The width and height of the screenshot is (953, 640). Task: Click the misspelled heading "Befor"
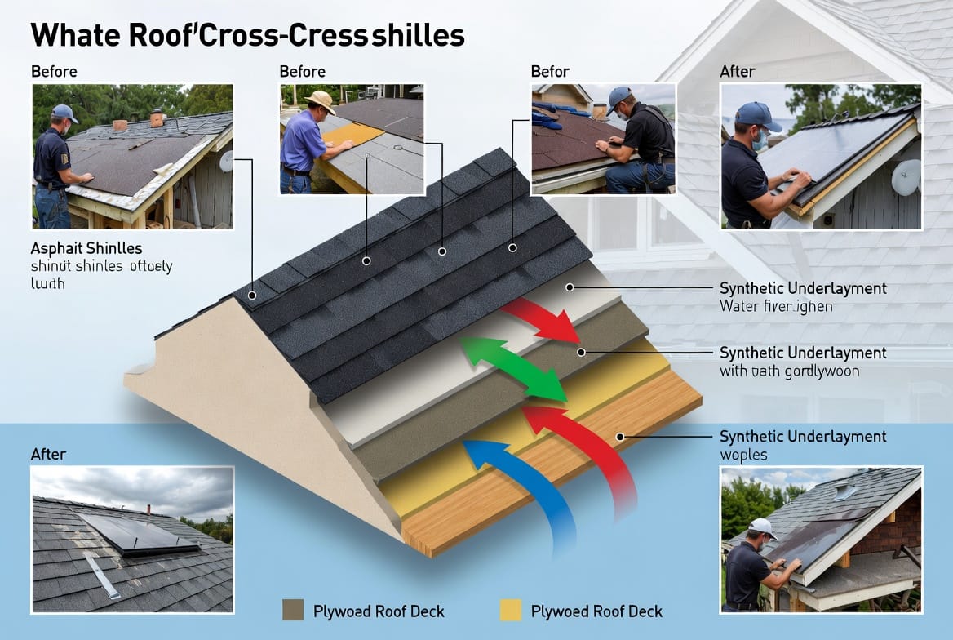pos(550,72)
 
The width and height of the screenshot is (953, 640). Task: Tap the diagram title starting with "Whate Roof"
pos(248,36)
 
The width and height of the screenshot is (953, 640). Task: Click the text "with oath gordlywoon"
pos(789,371)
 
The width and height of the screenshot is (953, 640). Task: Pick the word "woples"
pos(743,454)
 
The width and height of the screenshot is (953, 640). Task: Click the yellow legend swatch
pos(510,610)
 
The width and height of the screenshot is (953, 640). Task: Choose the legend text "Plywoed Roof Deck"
pos(596,611)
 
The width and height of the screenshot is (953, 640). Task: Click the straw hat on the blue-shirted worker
pos(320,100)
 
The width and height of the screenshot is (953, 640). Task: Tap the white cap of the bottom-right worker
pos(761,527)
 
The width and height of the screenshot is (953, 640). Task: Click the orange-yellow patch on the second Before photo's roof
pos(352,135)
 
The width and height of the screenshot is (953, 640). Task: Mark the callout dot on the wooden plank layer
pos(620,437)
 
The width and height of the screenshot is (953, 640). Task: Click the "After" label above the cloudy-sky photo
pos(48,454)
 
